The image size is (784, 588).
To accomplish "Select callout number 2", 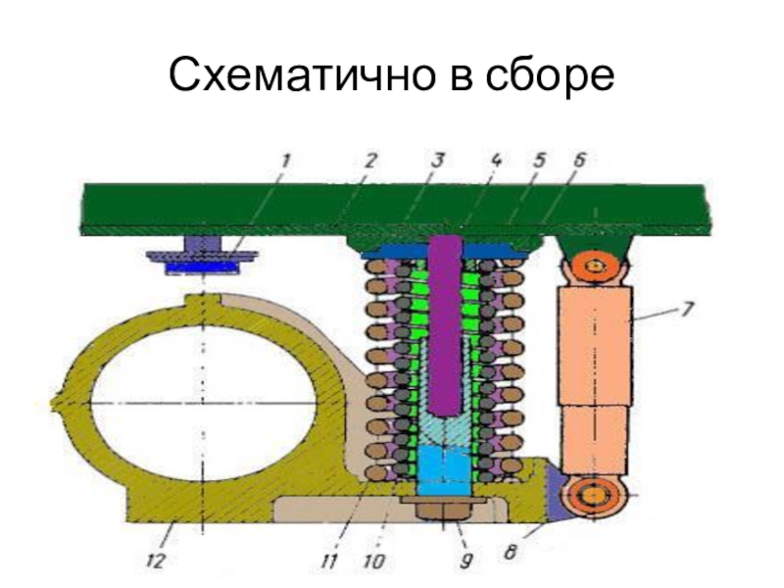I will click(x=369, y=160).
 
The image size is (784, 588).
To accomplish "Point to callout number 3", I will click(x=438, y=160).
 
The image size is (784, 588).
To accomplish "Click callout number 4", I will click(x=496, y=160).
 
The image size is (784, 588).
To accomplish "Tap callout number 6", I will click(x=579, y=160).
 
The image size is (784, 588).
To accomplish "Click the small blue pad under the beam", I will click(x=202, y=265).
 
